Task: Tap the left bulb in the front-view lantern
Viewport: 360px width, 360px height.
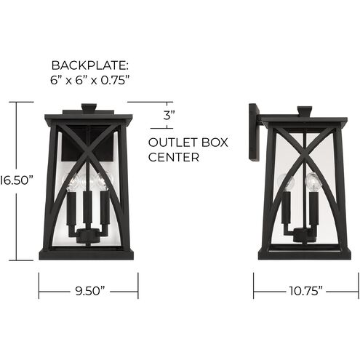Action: pyautogui.click(x=73, y=182)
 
